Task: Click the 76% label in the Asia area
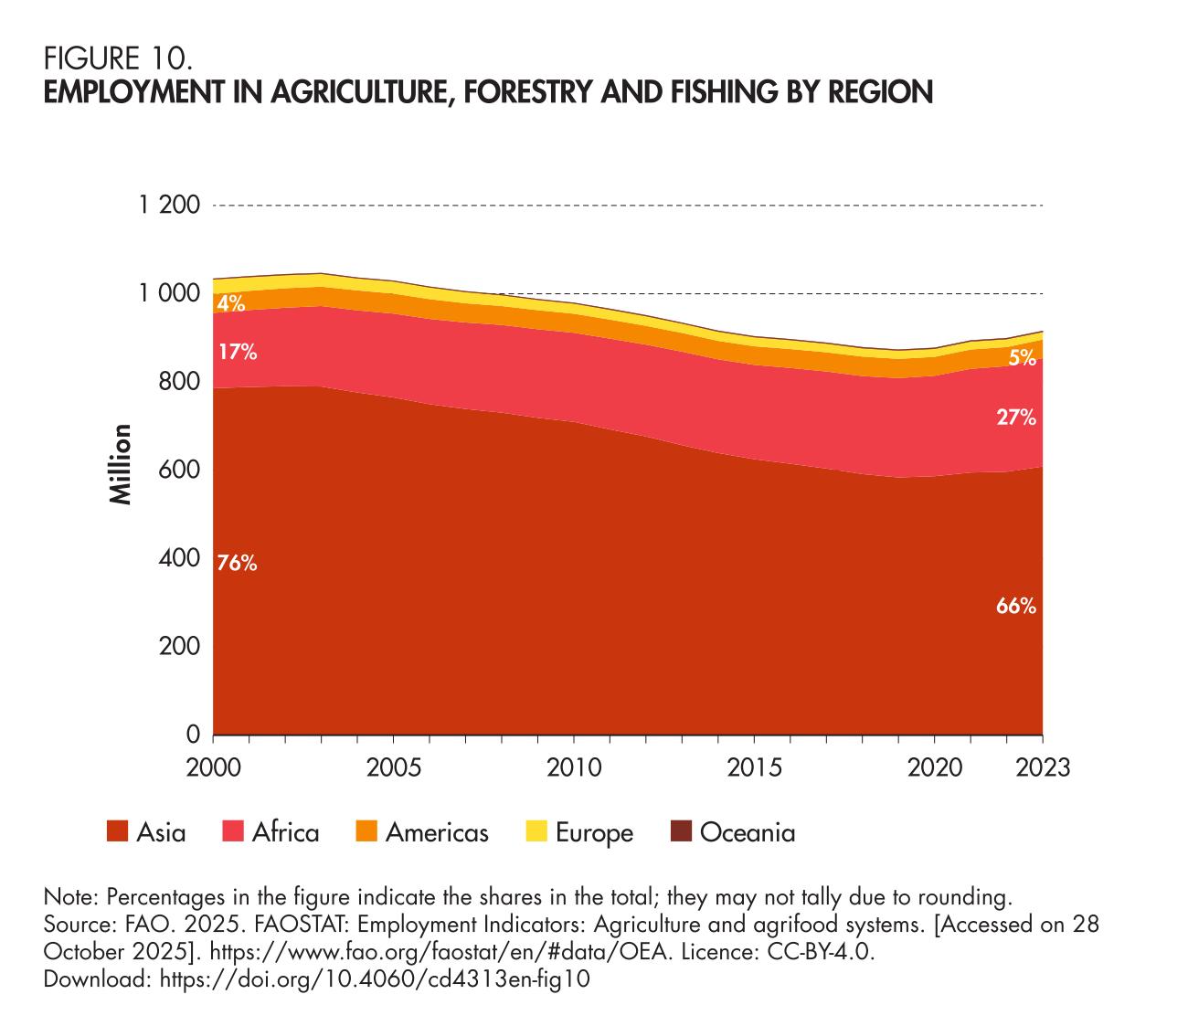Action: click(237, 564)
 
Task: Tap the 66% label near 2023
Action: click(1016, 606)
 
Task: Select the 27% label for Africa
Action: click(1016, 418)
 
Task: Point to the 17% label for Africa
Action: click(237, 352)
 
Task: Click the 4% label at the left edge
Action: click(231, 304)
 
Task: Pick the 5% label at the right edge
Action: click(1023, 359)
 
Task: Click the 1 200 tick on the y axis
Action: click(169, 205)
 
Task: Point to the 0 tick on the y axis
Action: click(193, 735)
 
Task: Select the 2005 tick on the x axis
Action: click(393, 767)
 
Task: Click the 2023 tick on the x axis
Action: click(1043, 767)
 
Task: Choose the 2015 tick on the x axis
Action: click(754, 767)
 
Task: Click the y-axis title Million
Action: click(121, 464)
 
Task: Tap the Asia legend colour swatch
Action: click(117, 831)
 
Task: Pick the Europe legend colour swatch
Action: click(536, 831)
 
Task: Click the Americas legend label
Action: click(437, 832)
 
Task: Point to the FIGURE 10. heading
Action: click(118, 59)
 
